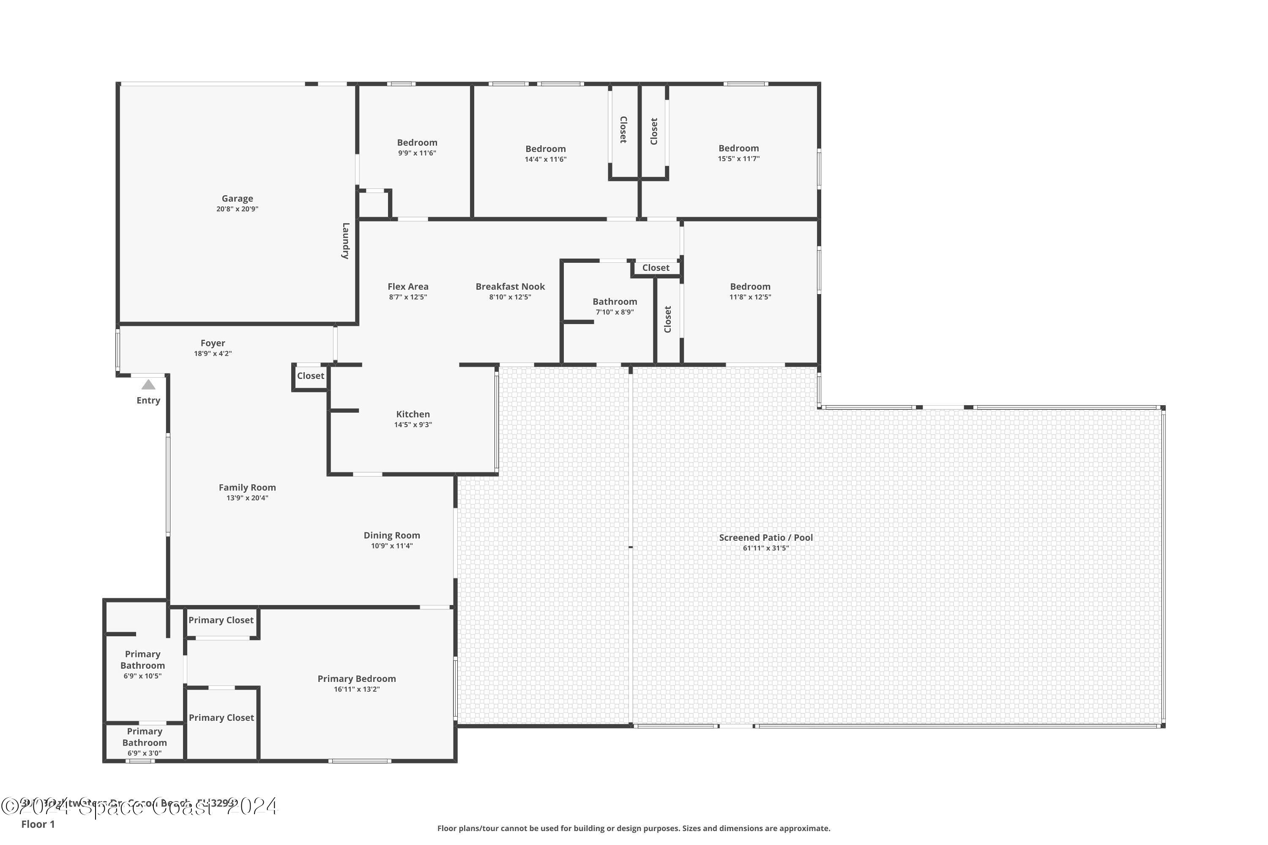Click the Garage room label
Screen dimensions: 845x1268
tap(237, 198)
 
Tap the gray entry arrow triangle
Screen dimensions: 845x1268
tap(148, 385)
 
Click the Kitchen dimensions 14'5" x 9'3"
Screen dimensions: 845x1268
tap(413, 425)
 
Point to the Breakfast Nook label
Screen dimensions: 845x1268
tap(510, 287)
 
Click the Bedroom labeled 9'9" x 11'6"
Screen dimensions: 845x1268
tap(417, 143)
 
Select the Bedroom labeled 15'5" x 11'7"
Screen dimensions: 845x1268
tap(738, 148)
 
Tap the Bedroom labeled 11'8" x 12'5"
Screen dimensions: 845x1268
tap(750, 287)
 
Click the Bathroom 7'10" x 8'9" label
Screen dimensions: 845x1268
tap(615, 302)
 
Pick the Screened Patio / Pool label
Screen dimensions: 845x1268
tap(765, 538)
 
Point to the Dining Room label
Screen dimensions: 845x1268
tap(391, 536)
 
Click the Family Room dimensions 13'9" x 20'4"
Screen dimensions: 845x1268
tap(247, 498)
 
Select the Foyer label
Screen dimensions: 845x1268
tap(213, 343)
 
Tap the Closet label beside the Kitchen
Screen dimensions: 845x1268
tap(311, 376)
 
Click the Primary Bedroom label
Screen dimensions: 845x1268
tap(356, 679)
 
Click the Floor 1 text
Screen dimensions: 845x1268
tap(38, 824)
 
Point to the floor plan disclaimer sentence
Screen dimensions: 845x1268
tap(634, 828)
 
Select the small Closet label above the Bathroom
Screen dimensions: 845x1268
tap(656, 268)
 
